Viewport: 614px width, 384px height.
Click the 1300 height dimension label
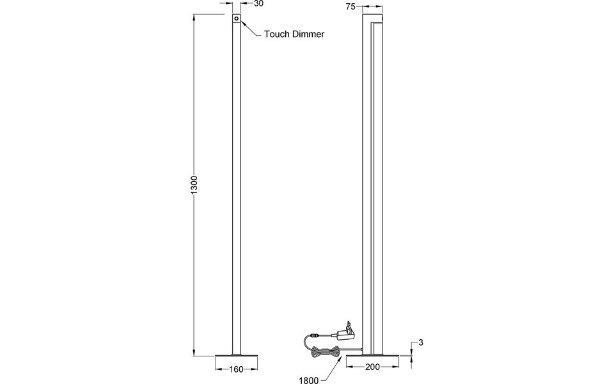[195, 186]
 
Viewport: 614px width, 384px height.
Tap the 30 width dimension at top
[259, 4]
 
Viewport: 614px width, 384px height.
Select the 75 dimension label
[350, 6]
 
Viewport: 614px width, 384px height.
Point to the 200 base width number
[372, 367]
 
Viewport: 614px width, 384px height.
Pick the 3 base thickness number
[421, 344]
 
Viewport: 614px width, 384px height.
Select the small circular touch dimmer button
[237, 20]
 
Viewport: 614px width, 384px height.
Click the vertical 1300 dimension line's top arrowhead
[196, 18]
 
